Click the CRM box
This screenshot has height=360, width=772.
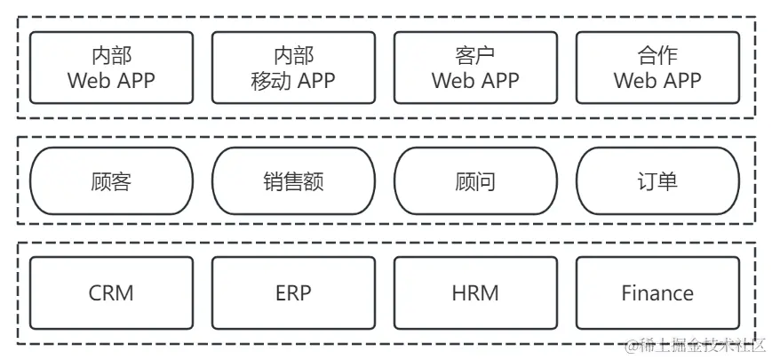(x=111, y=292)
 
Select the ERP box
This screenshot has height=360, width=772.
(x=293, y=292)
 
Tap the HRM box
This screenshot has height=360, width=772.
(x=475, y=292)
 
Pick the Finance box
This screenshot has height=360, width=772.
(x=657, y=292)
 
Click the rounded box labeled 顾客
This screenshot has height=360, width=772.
(x=111, y=181)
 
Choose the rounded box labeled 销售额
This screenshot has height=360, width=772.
(x=293, y=181)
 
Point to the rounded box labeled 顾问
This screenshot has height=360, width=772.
(x=475, y=181)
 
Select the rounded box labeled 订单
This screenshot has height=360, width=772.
(x=657, y=181)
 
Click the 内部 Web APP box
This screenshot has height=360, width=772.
(x=111, y=68)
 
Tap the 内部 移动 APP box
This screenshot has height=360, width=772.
(x=293, y=68)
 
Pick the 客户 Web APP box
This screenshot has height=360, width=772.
(x=475, y=68)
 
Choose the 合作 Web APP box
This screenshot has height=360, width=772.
(x=657, y=68)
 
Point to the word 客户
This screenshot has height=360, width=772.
(x=475, y=55)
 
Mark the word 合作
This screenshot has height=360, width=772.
(x=657, y=55)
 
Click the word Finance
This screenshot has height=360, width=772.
(x=657, y=292)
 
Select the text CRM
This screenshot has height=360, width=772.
(x=111, y=292)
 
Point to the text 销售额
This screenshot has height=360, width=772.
(x=293, y=181)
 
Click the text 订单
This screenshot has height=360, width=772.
(x=657, y=181)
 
